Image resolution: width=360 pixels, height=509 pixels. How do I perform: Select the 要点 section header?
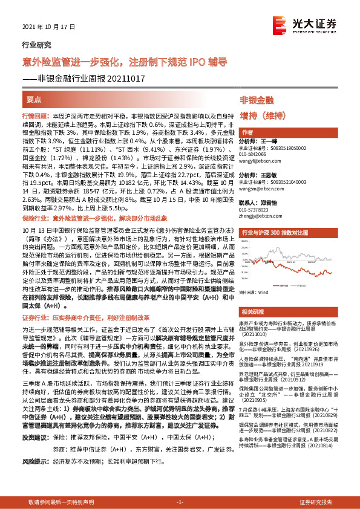pos(34,100)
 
